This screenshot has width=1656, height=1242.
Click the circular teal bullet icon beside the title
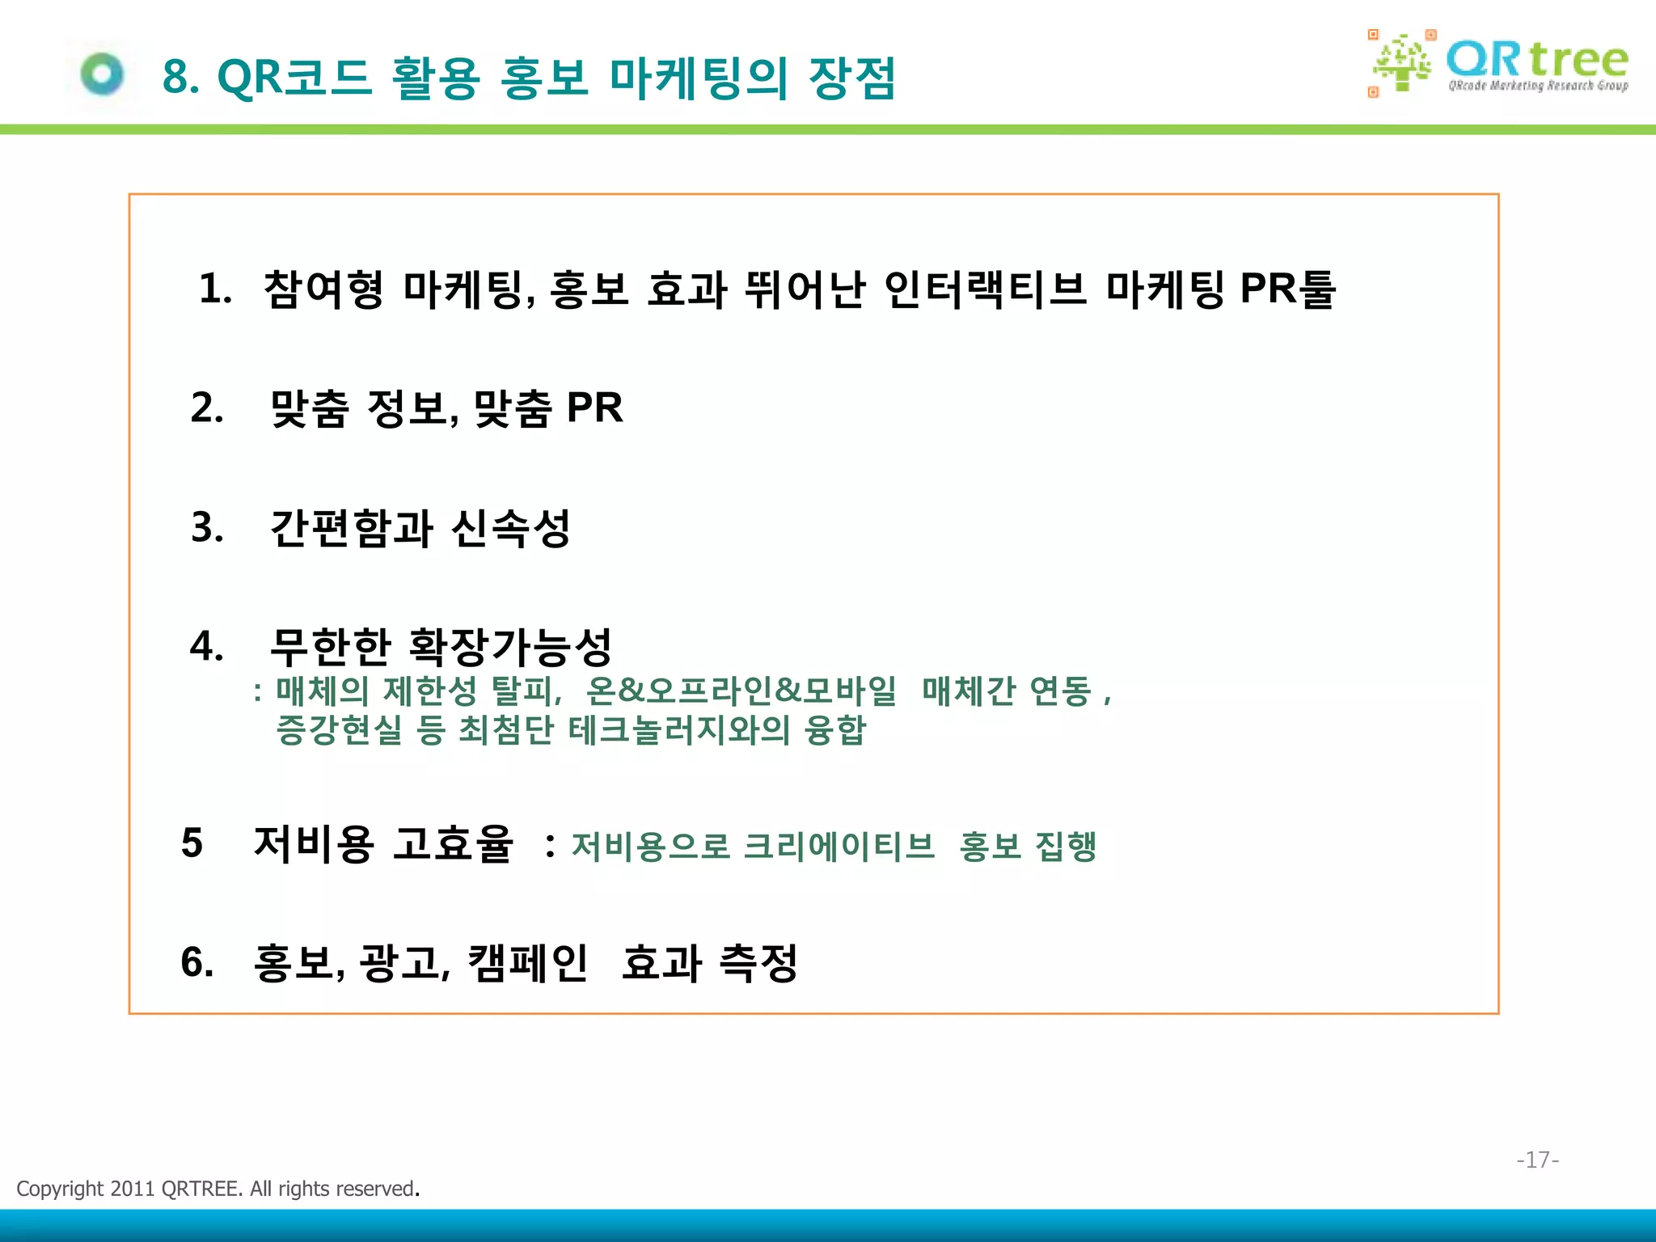103,74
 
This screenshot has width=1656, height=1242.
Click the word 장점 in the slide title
852,78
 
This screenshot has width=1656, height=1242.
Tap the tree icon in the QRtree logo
1401,64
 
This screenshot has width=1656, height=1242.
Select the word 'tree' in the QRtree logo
1578,60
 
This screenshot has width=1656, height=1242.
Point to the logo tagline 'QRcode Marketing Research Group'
1538,86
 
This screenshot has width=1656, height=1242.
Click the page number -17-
1537,1160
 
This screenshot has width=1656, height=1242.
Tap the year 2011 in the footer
132,1189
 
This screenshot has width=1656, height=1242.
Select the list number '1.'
216,289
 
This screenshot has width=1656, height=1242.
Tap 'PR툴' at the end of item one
1287,289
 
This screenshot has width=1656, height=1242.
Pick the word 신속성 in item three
511,528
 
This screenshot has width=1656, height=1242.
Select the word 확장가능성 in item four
511,646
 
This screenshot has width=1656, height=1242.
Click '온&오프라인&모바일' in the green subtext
741,691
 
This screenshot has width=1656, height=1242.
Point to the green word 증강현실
339,730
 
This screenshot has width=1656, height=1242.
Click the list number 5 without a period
192,843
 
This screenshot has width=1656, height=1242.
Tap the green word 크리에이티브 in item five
839,846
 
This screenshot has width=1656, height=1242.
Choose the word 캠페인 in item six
527,962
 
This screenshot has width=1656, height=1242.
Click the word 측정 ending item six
758,962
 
